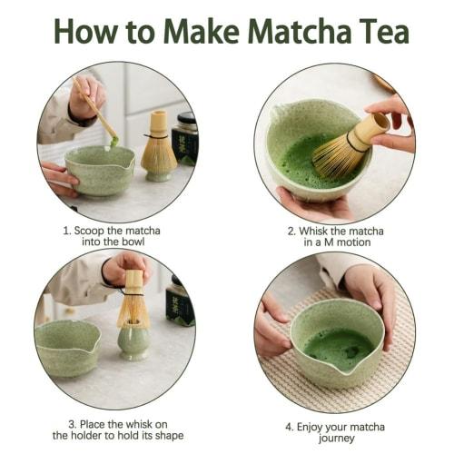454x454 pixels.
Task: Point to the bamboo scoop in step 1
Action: point(100,114)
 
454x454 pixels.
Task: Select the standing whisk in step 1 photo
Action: point(158,145)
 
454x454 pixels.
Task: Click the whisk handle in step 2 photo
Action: point(370,130)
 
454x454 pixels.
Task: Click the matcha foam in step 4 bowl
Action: point(337,346)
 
